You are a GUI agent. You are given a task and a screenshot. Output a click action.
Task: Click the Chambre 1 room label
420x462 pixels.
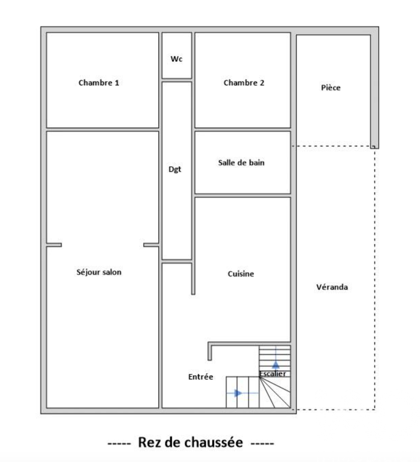click(99, 83)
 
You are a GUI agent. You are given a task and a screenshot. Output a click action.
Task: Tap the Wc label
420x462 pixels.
click(176, 59)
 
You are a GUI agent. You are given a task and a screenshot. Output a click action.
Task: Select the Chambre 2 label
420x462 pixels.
click(244, 83)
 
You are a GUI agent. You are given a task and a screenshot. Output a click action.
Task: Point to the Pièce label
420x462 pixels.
click(331, 88)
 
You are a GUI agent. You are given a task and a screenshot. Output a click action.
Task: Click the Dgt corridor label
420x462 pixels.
click(175, 170)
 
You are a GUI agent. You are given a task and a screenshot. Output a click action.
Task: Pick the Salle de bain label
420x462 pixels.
click(241, 163)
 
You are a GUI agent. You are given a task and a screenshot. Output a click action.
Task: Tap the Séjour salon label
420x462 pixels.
click(100, 272)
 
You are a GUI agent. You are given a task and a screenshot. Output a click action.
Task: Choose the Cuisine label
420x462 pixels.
click(241, 274)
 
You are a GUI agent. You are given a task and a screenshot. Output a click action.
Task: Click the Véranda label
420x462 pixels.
click(332, 287)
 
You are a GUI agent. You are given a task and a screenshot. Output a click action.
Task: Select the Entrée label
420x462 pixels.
click(201, 377)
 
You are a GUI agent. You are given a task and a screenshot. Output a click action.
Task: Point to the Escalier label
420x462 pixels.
click(273, 373)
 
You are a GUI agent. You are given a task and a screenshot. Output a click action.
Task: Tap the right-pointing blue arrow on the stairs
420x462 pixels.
click(238, 393)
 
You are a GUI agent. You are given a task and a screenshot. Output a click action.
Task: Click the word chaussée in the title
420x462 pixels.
click(213, 443)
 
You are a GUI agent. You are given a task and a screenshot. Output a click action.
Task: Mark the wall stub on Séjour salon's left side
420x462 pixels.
click(54, 245)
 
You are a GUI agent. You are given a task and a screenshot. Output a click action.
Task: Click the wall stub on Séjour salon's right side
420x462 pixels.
click(151, 245)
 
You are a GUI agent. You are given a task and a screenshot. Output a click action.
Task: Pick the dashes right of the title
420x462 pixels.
click(262, 443)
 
